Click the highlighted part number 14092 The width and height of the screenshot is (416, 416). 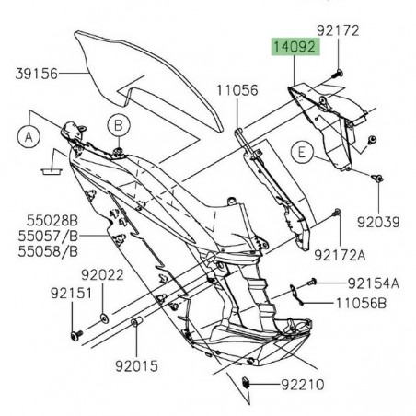(x=293, y=46)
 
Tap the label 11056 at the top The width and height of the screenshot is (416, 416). (x=237, y=91)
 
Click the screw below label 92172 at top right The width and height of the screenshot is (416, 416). (x=339, y=47)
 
